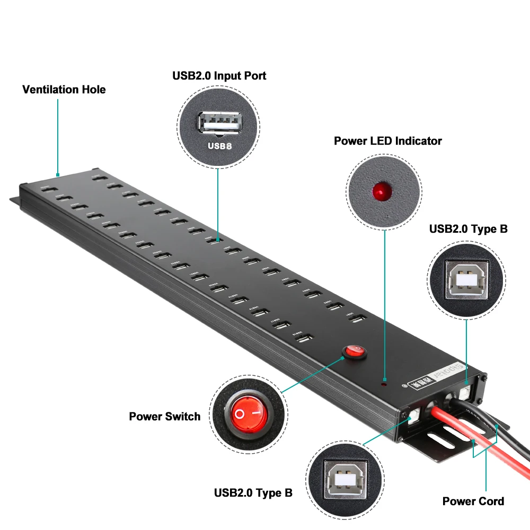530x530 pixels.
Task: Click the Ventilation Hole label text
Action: pyautogui.click(x=64, y=90)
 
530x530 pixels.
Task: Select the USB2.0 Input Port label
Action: pyautogui.click(x=219, y=76)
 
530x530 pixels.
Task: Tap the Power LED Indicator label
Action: pyautogui.click(x=387, y=141)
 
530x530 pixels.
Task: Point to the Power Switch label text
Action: pyautogui.click(x=165, y=416)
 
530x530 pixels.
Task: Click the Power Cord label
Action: pyautogui.click(x=473, y=501)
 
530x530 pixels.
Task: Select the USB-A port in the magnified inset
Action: pyautogui.click(x=219, y=123)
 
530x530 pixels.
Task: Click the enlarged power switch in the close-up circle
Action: pyautogui.click(x=248, y=412)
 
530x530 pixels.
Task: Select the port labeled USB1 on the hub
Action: pyautogui.click(x=359, y=319)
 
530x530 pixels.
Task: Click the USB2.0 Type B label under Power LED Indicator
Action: pyautogui.click(x=468, y=229)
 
